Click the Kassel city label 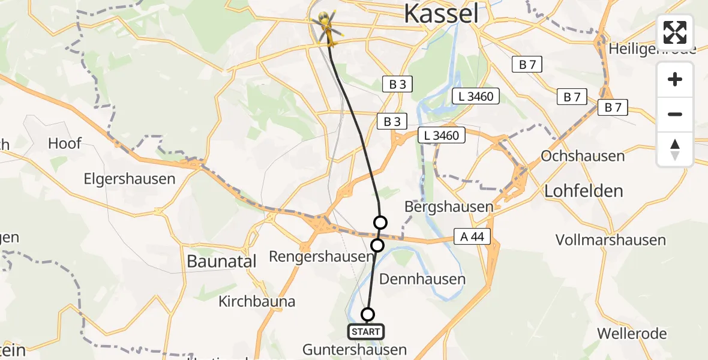[x=442, y=13]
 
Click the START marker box [x=366, y=331]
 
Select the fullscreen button [x=675, y=32]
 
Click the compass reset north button [x=675, y=149]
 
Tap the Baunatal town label [x=221, y=261]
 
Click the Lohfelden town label [x=583, y=191]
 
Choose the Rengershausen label [x=321, y=257]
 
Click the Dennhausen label [x=422, y=279]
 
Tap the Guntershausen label [x=354, y=349]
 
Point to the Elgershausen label [x=130, y=179]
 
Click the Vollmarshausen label [x=611, y=240]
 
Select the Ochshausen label [x=583, y=156]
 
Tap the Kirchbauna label [x=257, y=301]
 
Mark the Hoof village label [x=65, y=143]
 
